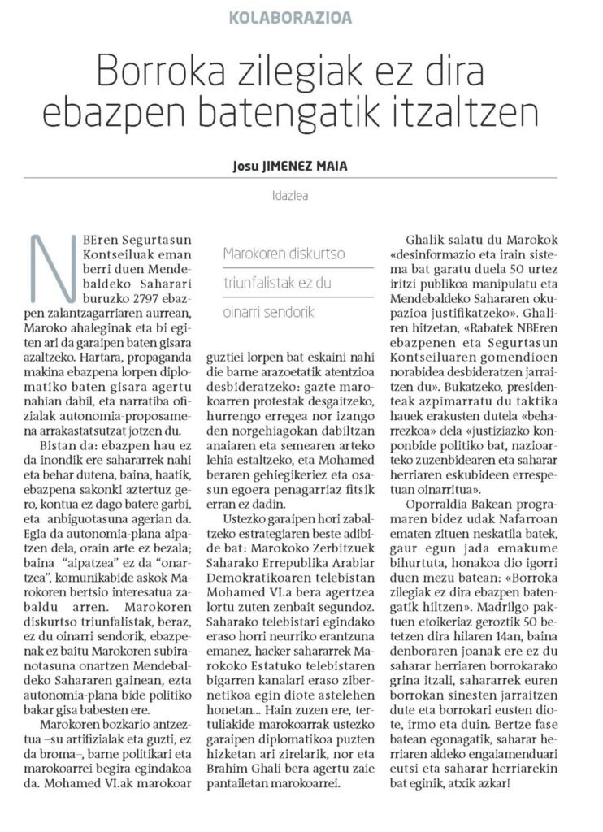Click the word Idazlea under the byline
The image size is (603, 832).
pyautogui.click(x=300, y=195)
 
